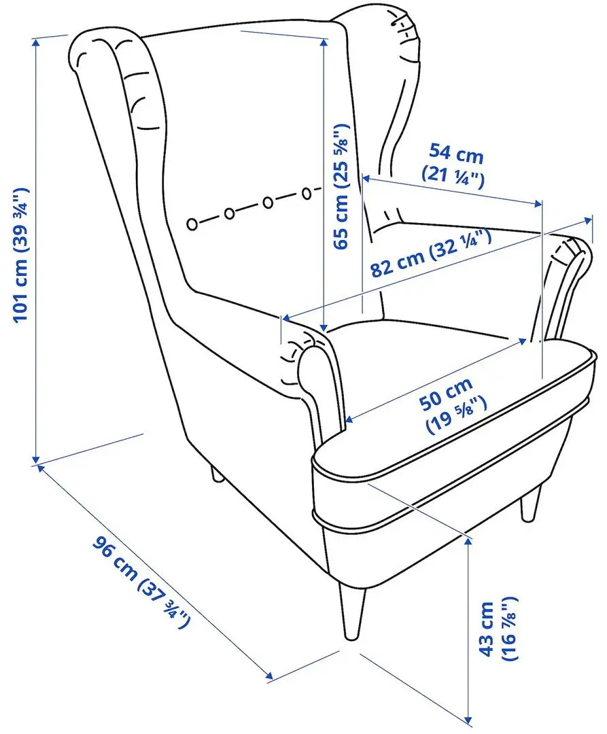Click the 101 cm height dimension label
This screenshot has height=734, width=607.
click(x=21, y=255)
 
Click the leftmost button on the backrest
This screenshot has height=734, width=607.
click(x=192, y=224)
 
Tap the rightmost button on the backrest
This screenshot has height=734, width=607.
click(x=306, y=193)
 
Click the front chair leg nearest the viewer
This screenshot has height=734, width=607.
click(x=352, y=611)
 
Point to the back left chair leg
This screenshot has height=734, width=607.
click(x=216, y=474)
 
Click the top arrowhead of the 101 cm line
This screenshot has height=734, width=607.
click(x=35, y=42)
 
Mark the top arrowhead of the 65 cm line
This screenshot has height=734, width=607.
click(x=324, y=41)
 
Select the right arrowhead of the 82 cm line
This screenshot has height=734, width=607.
click(x=587, y=220)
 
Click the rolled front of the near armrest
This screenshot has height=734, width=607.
click(x=313, y=370)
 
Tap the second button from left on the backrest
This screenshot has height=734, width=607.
click(x=229, y=213)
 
